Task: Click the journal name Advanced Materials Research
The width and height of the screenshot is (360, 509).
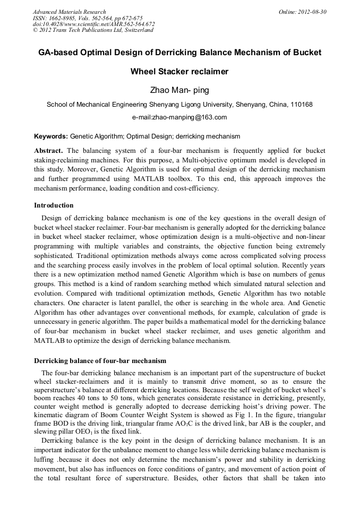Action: [x=69, y=12]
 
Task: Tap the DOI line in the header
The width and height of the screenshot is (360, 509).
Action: [x=93, y=24]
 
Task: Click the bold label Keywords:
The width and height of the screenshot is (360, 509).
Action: [x=51, y=136]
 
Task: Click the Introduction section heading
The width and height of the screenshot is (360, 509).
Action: [x=54, y=205]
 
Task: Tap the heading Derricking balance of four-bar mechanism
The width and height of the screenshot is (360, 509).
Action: [x=100, y=361]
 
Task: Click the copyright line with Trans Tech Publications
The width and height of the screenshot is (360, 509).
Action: [x=93, y=30]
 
